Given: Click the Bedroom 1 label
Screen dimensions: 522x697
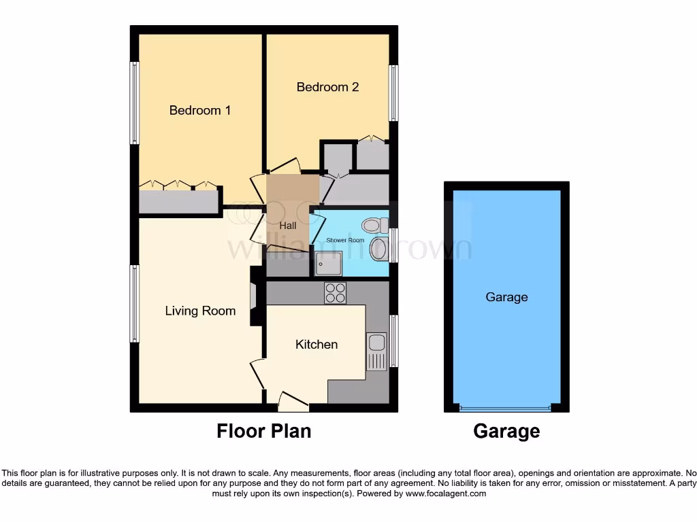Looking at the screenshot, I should pos(200,110).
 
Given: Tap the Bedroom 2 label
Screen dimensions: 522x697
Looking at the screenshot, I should pos(327,87).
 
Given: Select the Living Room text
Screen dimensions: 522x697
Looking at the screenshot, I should pos(200,311).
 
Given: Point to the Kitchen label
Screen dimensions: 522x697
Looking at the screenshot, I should pos(317,345).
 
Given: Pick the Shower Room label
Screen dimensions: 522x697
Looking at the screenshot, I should pos(345,241).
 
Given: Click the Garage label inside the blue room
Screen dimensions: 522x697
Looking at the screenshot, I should pos(506,297).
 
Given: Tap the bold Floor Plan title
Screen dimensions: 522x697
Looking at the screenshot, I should pos(264,431).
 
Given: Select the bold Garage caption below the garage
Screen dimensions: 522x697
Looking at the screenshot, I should pos(506,431).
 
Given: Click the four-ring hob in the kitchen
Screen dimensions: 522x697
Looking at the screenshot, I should pos(335,293).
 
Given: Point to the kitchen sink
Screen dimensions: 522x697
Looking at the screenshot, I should pos(376,351).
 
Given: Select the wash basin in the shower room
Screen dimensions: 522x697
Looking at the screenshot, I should pos(378,248).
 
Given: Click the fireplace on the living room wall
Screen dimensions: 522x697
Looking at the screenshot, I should pos(253,297).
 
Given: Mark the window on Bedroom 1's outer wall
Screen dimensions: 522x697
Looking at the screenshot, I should pos(135,103).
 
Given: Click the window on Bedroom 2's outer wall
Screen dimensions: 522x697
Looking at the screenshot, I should pos(393,93).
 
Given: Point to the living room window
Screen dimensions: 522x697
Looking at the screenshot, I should pos(135,303).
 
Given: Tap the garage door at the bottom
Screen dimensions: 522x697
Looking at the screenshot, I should pos(504,408).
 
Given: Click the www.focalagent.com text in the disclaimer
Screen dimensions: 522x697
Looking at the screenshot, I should pos(446,493).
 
